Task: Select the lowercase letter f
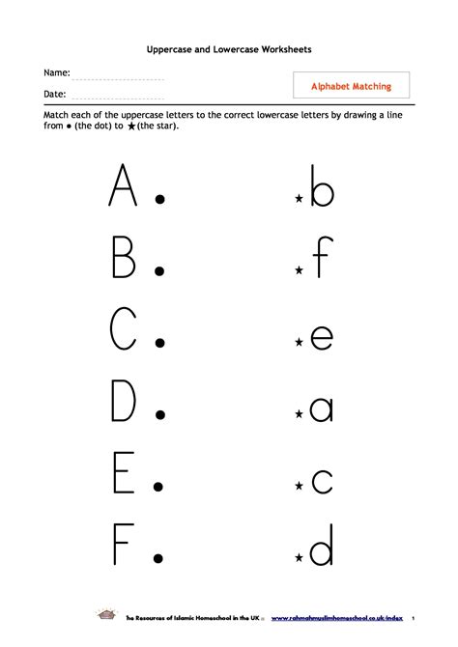[322, 255]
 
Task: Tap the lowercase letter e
[321, 336]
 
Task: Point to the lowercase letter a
[321, 408]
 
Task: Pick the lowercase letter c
[322, 480]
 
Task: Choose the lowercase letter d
[321, 548]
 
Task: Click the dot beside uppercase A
[160, 199]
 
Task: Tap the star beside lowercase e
[300, 343]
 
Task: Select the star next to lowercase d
[300, 559]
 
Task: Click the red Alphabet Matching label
[351, 86]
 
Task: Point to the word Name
[55, 73]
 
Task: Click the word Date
[54, 94]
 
